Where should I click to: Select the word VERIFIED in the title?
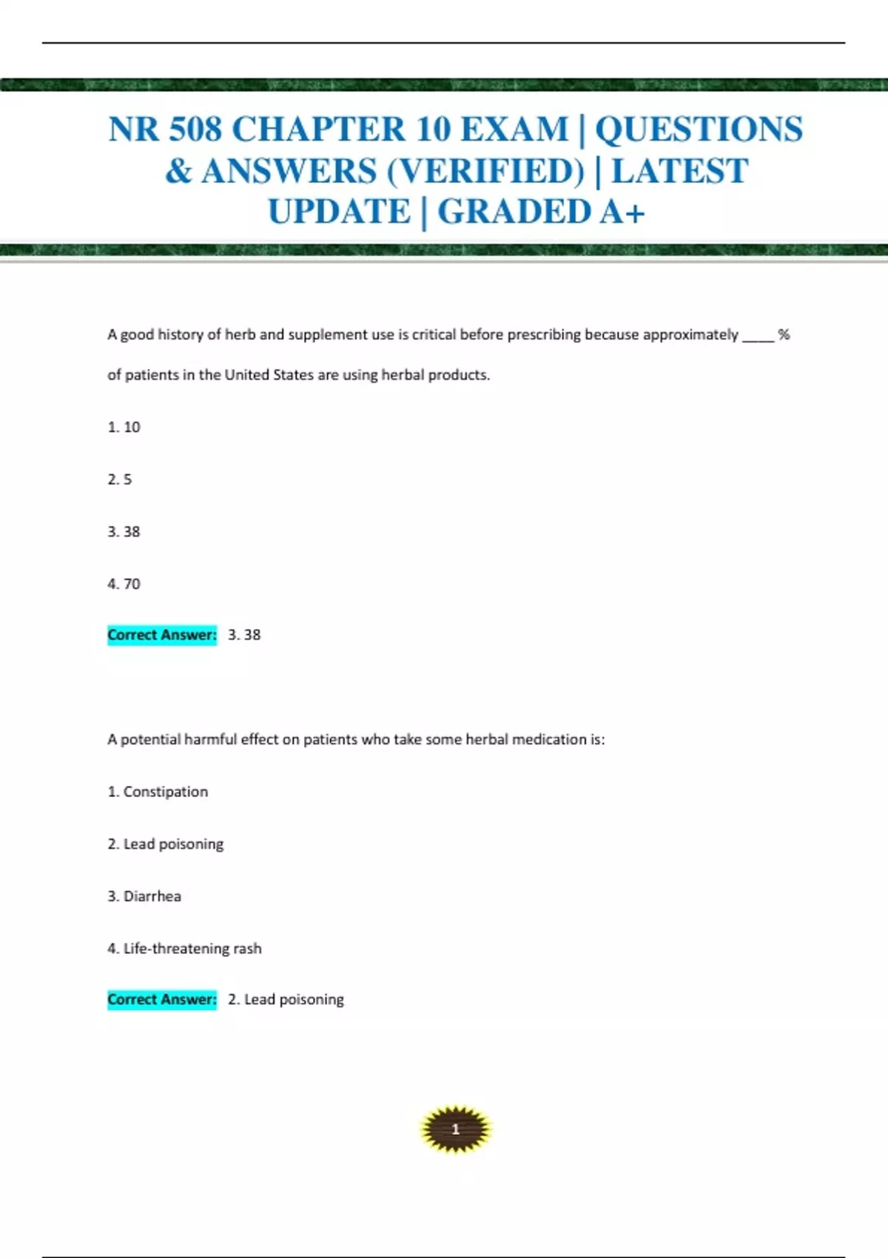(485, 172)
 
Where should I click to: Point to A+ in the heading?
(622, 212)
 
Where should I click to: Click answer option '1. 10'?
(124, 427)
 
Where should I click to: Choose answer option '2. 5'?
(120, 480)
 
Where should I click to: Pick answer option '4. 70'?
(124, 584)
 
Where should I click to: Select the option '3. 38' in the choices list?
(124, 531)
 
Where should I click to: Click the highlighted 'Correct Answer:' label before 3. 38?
(162, 635)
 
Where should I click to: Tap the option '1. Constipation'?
(158, 792)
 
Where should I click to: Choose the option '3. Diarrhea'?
(144, 896)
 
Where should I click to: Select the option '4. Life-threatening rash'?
(184, 949)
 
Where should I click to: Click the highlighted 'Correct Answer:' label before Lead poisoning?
(162, 1000)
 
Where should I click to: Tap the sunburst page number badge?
(455, 1129)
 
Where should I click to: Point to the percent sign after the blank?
(784, 334)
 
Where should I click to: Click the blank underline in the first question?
(758, 339)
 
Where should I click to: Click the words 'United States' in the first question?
(269, 375)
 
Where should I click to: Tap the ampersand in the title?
(178, 172)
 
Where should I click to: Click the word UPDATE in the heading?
(339, 212)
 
